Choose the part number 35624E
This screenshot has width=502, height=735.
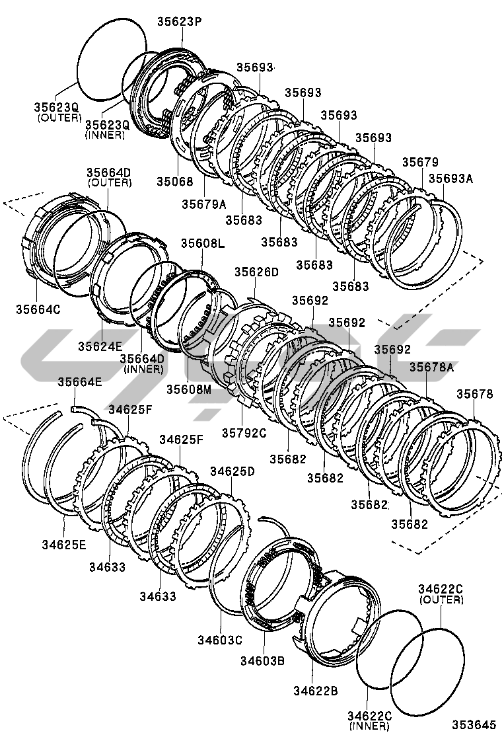tap(100, 346)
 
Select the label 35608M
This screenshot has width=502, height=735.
tap(188, 389)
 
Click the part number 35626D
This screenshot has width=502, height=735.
tap(256, 272)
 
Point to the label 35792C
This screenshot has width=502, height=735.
tap(244, 433)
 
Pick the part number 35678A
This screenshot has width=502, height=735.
tap(431, 367)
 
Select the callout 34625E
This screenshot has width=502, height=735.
tap(63, 545)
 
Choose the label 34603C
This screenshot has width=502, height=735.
tap(220, 639)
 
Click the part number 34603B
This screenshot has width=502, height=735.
tap(262, 660)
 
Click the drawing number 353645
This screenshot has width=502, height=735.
tap(472, 724)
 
